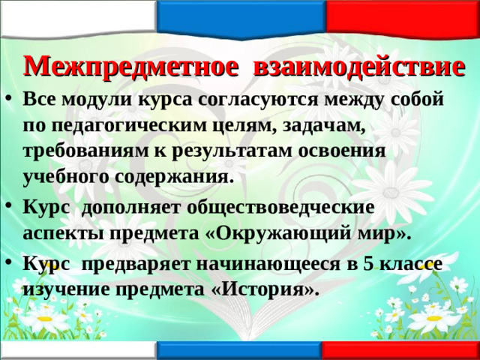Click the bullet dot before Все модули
10,100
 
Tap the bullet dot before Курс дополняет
10,206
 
